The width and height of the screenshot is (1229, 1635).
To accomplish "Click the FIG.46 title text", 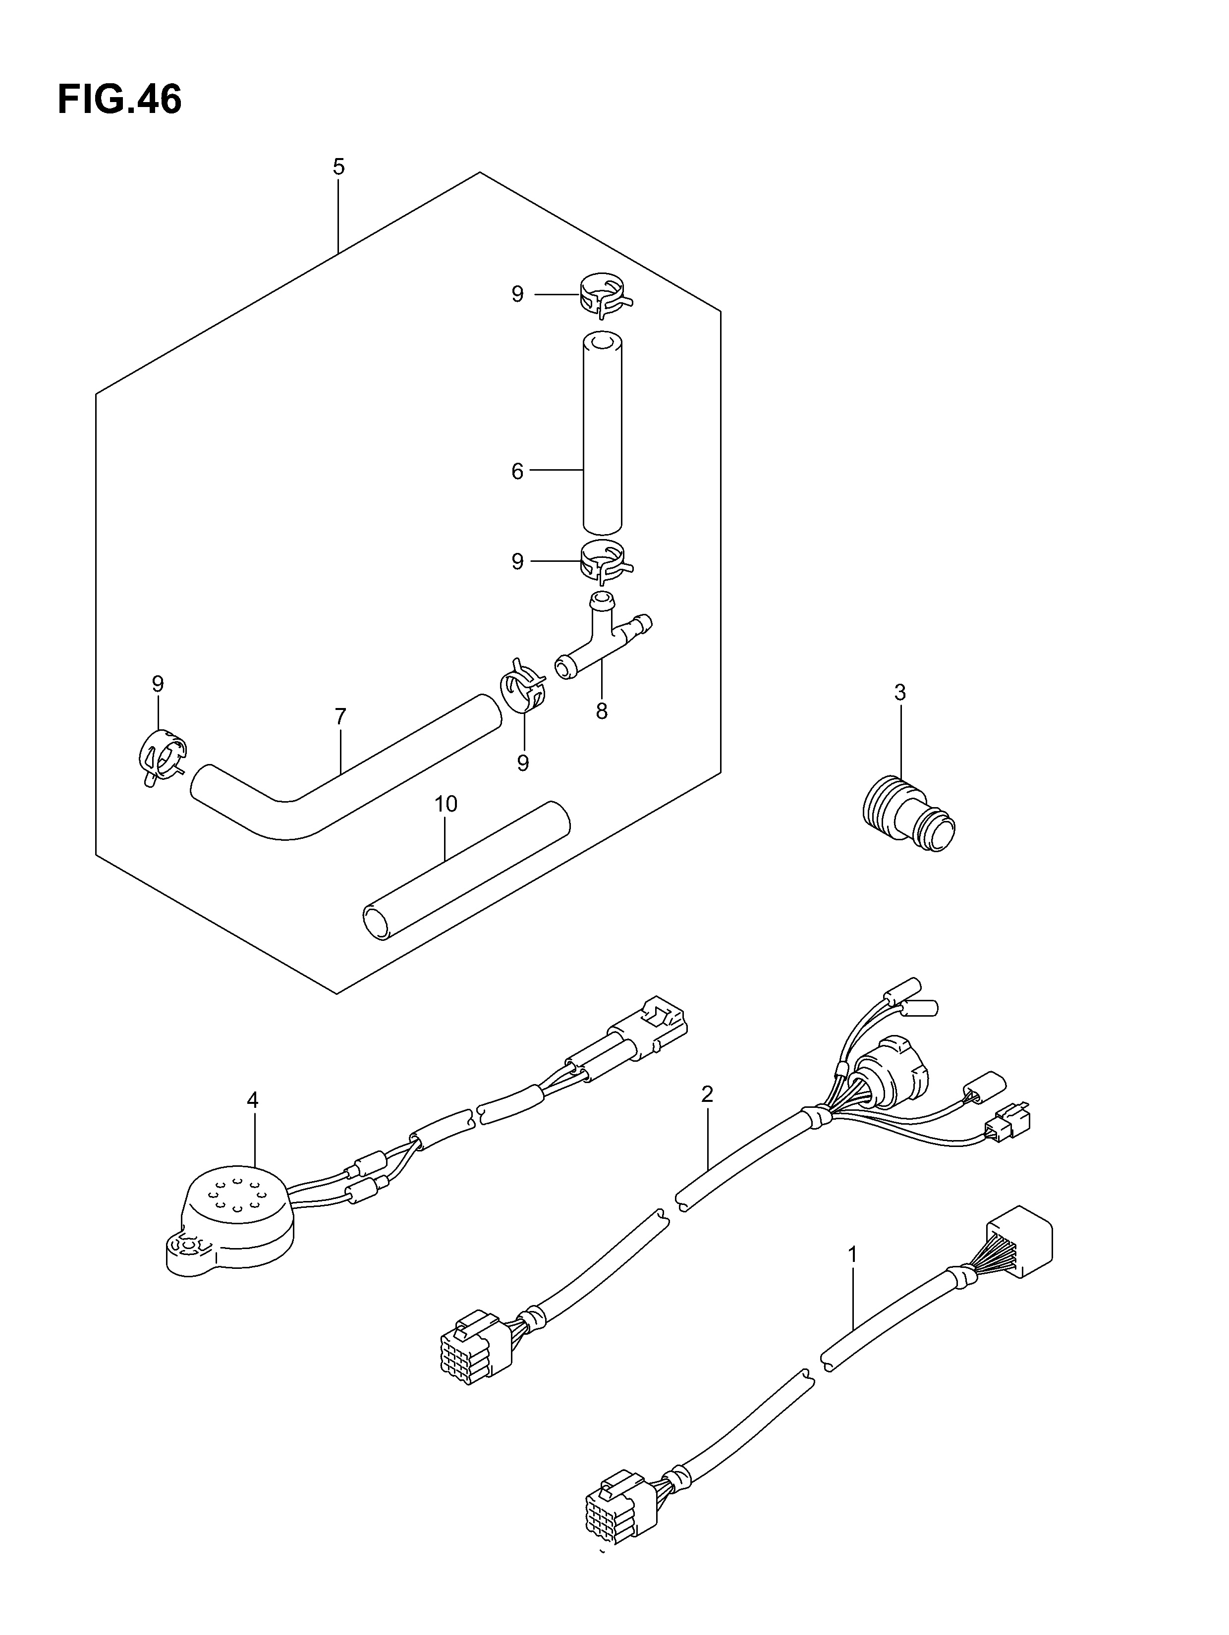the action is [x=119, y=100].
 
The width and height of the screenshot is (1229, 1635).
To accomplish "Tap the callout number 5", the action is [x=338, y=167].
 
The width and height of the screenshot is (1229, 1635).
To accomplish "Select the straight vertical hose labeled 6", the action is [x=602, y=433].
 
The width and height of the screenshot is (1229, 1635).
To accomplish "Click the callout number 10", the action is [x=446, y=804].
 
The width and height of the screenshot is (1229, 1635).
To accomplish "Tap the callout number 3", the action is [x=900, y=693].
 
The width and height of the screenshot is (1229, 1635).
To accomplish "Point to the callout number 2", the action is [x=707, y=1094].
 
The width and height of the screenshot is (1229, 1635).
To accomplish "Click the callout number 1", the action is [x=852, y=1254].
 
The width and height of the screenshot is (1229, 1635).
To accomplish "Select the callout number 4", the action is [x=252, y=1121].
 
